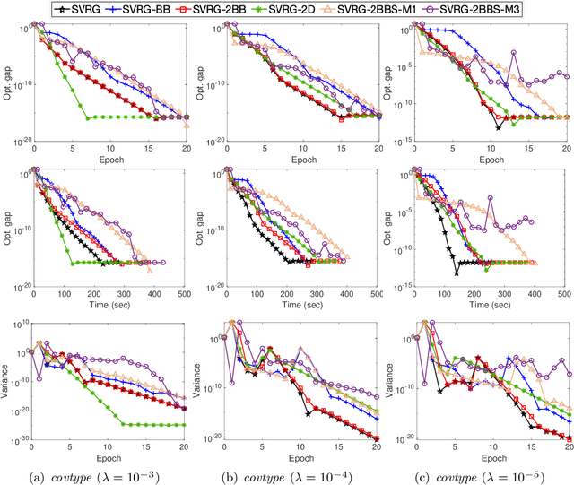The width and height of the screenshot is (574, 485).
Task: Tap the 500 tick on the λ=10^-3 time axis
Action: pyautogui.click(x=182, y=294)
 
